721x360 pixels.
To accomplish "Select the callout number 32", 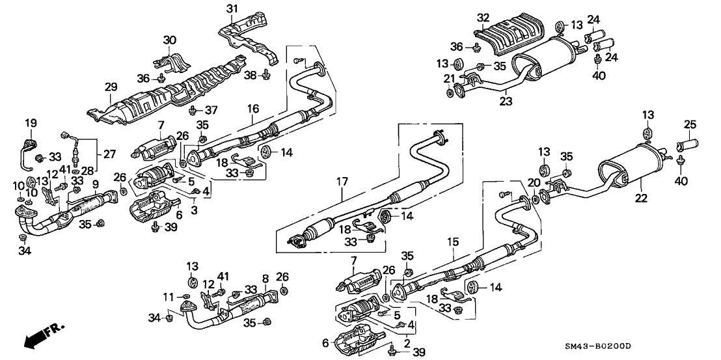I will (x=482, y=17).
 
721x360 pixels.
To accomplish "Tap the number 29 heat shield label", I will (x=110, y=86).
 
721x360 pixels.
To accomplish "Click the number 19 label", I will (x=31, y=122).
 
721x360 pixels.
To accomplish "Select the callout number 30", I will (x=169, y=40).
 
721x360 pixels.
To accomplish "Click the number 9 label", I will (x=96, y=184).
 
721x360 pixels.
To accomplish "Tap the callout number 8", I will (x=265, y=278).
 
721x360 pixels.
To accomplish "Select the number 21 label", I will (x=448, y=79).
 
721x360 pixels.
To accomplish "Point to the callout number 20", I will (x=534, y=183).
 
